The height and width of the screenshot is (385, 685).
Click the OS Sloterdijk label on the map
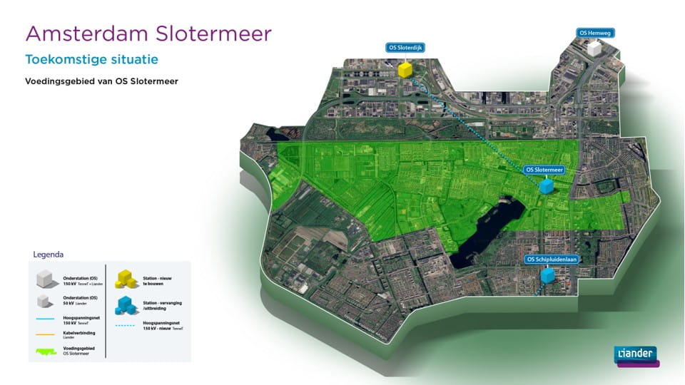point(405,48)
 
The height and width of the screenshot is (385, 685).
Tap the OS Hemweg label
point(595,33)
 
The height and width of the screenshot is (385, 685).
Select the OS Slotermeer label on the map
point(544,170)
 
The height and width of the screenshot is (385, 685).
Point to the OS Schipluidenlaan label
point(550,259)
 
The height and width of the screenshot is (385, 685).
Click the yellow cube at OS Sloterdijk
point(405,69)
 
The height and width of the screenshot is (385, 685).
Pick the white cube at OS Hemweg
point(594,48)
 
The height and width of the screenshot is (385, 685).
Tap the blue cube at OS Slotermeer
point(547,186)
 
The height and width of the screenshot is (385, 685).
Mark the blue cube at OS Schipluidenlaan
point(547,274)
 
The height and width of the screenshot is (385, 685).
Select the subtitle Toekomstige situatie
point(91,59)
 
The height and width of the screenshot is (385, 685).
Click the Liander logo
point(636,354)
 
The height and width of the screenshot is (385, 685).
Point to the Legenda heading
point(49,255)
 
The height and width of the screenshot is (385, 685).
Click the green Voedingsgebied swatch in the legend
point(49,349)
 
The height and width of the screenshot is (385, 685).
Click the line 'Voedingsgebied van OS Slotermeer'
point(101,81)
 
